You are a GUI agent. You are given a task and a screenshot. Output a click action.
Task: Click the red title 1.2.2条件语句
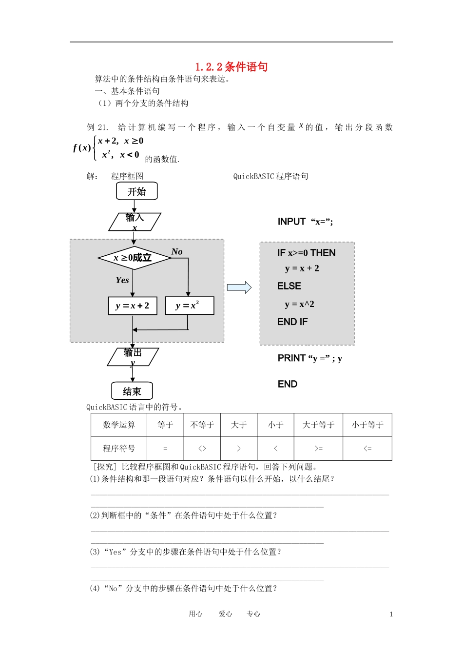231,67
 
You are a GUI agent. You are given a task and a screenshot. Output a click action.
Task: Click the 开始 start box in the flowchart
137,191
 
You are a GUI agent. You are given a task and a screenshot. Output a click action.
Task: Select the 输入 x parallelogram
135,222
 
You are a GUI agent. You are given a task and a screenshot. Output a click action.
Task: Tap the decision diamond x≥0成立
134,258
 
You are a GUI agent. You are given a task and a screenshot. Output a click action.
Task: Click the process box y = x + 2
133,306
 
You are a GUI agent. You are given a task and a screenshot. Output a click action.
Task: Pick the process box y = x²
190,306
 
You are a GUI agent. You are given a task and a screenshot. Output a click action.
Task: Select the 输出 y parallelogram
133,357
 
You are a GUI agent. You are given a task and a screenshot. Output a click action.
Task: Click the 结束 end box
132,391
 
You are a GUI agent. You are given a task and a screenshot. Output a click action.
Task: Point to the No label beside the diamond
177,252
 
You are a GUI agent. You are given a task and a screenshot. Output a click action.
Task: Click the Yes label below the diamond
122,280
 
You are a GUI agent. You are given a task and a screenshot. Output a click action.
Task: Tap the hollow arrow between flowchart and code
239,287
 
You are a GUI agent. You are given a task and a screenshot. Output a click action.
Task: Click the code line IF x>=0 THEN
307,253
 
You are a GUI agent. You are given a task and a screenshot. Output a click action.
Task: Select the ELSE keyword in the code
289,286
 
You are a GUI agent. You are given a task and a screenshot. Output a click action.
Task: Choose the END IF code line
292,322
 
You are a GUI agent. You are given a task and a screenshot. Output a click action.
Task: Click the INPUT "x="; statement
306,222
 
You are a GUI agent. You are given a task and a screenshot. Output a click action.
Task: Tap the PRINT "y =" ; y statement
310,358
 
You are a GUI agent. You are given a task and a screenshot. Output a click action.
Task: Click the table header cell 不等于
202,425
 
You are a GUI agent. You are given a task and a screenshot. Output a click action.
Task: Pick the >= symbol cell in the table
318,449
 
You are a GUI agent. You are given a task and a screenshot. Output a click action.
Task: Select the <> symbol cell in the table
202,449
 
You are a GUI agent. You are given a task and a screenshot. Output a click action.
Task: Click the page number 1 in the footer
391,614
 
